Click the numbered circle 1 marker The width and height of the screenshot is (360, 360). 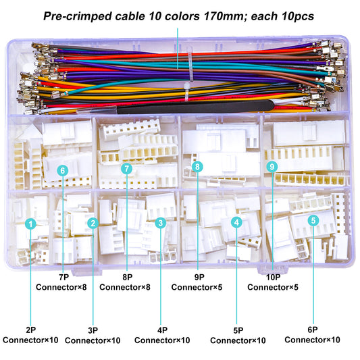pos(30,223)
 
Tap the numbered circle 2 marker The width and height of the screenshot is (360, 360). pos(93,222)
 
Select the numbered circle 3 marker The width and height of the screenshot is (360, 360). pos(160,222)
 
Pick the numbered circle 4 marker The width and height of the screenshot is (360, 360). pos(236,222)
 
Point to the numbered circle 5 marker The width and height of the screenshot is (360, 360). pos(313,220)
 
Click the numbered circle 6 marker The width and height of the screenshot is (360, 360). pos(62,170)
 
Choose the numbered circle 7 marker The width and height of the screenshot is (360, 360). pos(126,169)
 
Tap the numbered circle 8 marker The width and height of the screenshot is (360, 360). pos(197,166)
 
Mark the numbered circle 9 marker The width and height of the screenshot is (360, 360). pos(271,166)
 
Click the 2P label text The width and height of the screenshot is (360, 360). pos(30,330)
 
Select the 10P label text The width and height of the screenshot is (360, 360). pos(267,276)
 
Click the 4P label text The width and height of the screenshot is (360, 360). pos(163,330)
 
